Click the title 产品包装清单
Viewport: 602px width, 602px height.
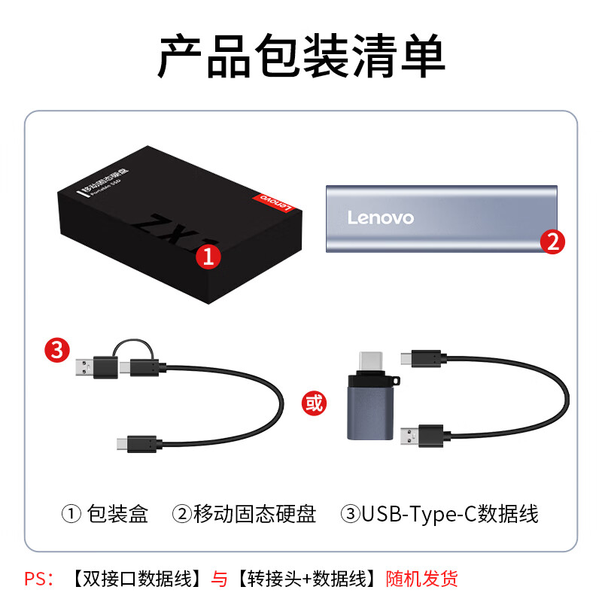click(301, 56)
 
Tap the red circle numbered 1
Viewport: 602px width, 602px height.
click(208, 257)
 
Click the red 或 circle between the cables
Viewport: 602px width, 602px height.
click(313, 403)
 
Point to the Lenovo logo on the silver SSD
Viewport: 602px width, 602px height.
click(381, 217)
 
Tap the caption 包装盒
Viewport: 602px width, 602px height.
click(117, 515)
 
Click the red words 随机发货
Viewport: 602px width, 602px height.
click(422, 579)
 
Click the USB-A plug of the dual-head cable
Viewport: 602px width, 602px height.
click(87, 369)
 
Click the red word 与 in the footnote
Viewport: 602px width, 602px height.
click(218, 579)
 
